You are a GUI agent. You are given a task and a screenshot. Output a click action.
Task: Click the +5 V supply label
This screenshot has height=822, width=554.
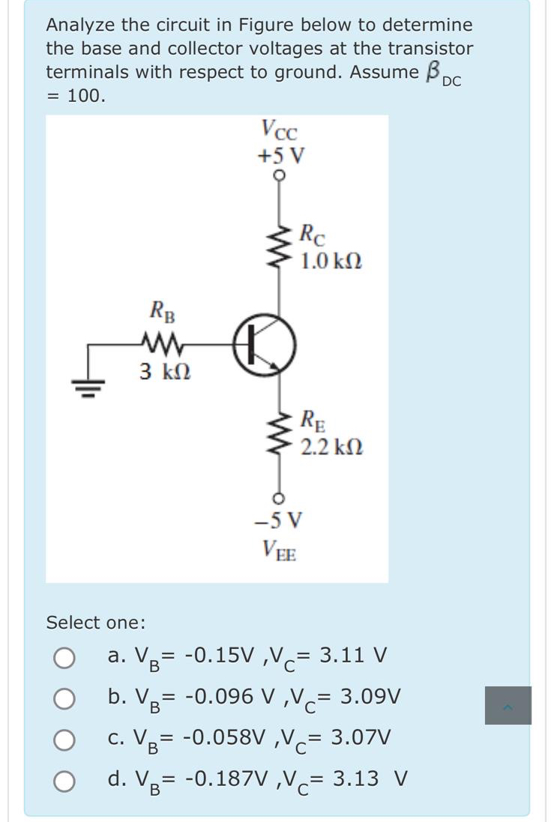280,157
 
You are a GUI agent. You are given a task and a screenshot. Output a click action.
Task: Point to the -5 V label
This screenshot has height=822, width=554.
278,519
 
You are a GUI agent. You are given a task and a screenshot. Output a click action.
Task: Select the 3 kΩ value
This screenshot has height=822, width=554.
164,371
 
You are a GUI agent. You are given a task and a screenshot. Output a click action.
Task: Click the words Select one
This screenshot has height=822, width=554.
96,623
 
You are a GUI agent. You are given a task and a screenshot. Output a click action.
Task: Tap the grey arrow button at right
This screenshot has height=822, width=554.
508,705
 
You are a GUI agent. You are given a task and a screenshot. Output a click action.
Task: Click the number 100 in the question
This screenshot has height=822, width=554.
86,96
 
